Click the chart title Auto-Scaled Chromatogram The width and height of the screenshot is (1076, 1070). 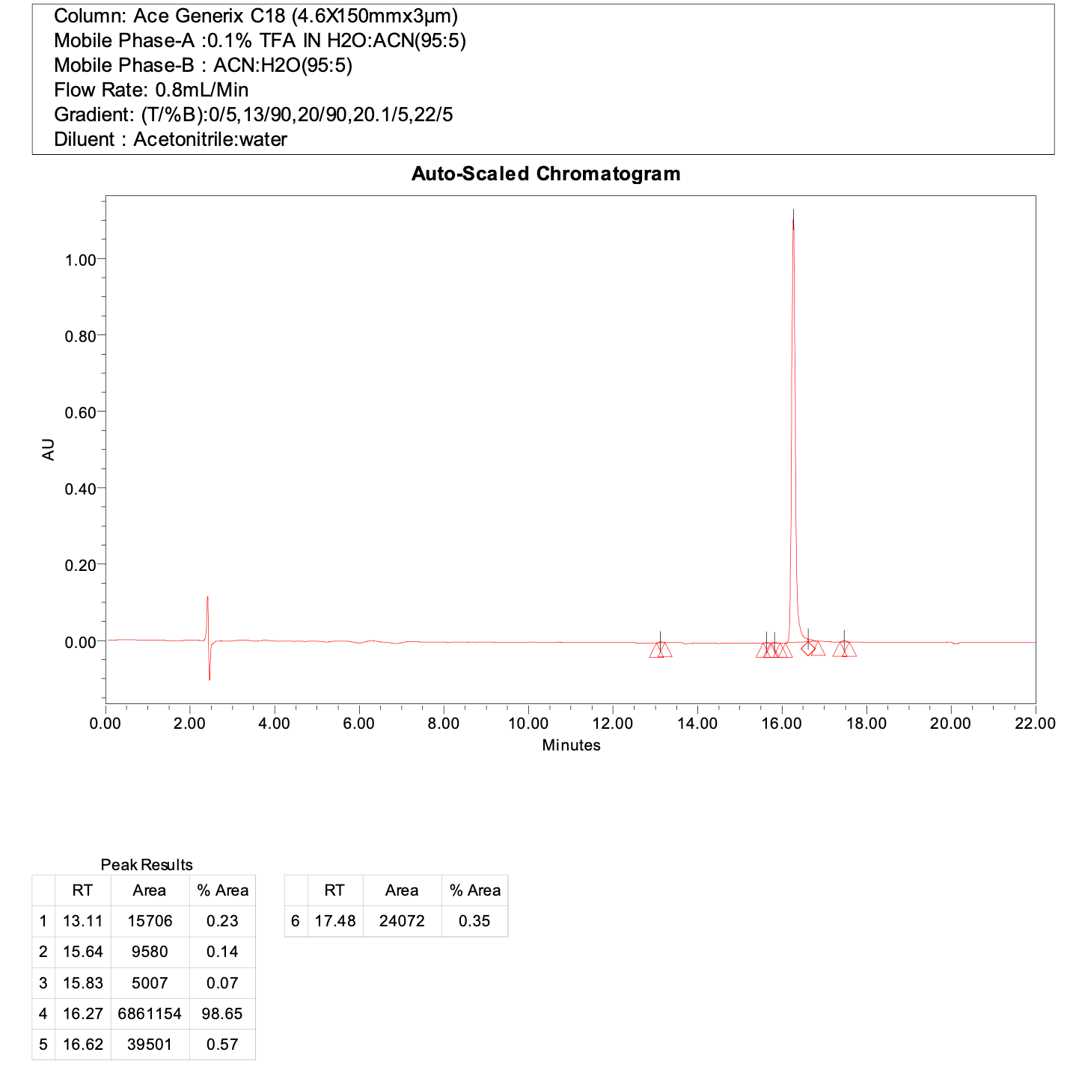tap(545, 174)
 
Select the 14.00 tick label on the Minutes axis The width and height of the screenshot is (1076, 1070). tap(697, 724)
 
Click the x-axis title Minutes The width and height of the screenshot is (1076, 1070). tap(571, 745)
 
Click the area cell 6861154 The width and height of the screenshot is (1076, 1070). tap(150, 1014)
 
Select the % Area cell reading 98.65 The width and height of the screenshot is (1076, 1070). tap(222, 1014)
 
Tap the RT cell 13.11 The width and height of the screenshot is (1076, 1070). tap(82, 921)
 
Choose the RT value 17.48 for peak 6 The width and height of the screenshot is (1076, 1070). tap(334, 921)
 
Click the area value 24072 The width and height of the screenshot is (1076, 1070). tap(402, 921)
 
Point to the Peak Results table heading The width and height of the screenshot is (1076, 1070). tap(147, 865)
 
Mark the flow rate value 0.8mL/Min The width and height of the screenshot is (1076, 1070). tap(202, 91)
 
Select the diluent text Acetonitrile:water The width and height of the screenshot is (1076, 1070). tap(210, 140)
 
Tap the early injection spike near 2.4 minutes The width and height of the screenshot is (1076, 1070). tap(207, 599)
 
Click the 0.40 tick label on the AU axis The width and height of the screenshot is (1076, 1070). tap(81, 489)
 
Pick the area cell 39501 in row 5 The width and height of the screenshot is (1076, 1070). tap(150, 1045)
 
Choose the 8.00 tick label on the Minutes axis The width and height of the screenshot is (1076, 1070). tap(443, 724)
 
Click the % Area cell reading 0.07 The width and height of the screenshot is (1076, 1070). tap(222, 983)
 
